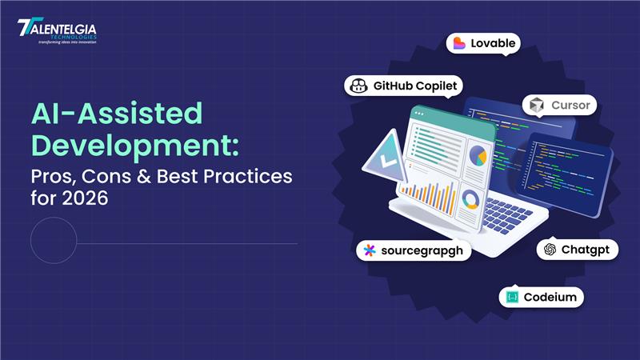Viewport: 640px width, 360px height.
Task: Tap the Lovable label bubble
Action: pyautogui.click(x=482, y=43)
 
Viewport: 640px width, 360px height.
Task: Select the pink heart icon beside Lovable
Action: pyautogui.click(x=459, y=43)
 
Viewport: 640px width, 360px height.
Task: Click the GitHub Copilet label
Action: pyautogui.click(x=404, y=86)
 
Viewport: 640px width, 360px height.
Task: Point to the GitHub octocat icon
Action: pyautogui.click(x=359, y=86)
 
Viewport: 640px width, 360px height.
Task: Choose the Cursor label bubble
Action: pyautogui.click(x=559, y=106)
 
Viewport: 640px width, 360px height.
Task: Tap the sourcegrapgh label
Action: pyautogui.click(x=413, y=250)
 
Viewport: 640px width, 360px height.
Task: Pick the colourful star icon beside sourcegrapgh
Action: pyautogui.click(x=369, y=250)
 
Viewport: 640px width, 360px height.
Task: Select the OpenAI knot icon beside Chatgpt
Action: pyautogui.click(x=550, y=250)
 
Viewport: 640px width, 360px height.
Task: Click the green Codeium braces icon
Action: pyautogui.click(x=512, y=297)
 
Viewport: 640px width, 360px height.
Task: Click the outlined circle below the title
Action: pyautogui.click(x=54, y=240)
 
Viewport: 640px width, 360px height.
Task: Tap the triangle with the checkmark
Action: pyautogui.click(x=386, y=157)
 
